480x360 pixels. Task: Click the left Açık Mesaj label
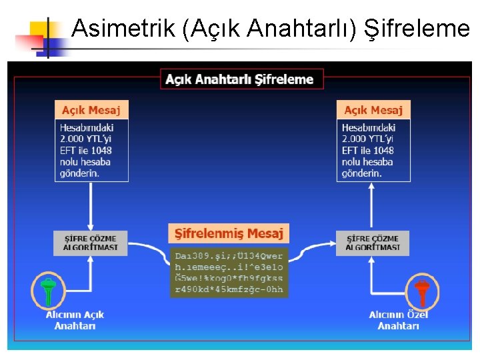[91, 110]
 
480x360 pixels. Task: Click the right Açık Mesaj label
[373, 110]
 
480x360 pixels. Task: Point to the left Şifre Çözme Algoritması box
[91, 243]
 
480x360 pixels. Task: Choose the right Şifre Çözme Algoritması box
[373, 243]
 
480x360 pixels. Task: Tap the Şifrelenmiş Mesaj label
[229, 233]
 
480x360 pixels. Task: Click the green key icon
[48, 291]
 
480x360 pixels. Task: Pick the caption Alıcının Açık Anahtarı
[75, 320]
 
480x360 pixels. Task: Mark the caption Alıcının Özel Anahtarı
[398, 320]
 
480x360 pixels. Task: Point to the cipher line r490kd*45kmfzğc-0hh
[229, 289]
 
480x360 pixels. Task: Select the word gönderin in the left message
[79, 173]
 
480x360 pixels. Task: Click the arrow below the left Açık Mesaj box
[91, 207]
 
